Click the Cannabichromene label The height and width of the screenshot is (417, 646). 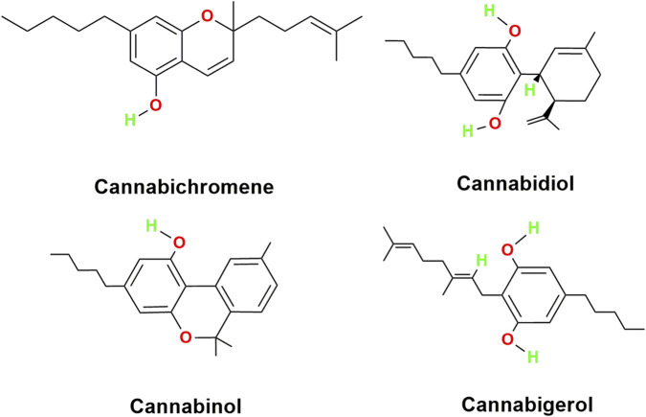pyautogui.click(x=184, y=187)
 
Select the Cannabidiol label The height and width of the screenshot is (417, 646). pyautogui.click(x=515, y=183)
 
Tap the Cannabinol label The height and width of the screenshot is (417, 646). pyautogui.click(x=186, y=405)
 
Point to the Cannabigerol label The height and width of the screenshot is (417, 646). pyautogui.click(x=527, y=405)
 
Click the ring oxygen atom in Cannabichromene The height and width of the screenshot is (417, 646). pyautogui.click(x=206, y=16)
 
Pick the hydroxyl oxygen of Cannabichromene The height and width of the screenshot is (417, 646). pyautogui.click(x=155, y=105)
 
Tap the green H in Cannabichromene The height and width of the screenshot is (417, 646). pyautogui.click(x=130, y=120)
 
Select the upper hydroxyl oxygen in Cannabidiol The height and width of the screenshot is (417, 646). pyautogui.click(x=514, y=31)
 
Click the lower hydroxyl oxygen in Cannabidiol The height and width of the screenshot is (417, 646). pyautogui.click(x=495, y=123)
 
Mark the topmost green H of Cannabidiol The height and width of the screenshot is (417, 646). pyautogui.click(x=489, y=12)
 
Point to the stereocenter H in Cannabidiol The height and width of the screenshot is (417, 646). pyautogui.click(x=529, y=89)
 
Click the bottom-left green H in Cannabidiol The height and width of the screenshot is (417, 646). pyautogui.click(x=468, y=131)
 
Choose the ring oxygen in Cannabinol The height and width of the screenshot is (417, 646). pyautogui.click(x=186, y=337)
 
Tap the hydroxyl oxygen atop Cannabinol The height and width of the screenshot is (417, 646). pyautogui.click(x=178, y=243)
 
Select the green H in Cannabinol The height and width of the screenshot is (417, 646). pyautogui.click(x=151, y=226)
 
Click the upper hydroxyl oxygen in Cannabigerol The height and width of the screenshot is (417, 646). pyautogui.click(x=507, y=250)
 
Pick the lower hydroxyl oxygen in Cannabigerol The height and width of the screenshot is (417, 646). pyautogui.click(x=507, y=339)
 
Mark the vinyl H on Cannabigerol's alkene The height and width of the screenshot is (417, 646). pyautogui.click(x=481, y=260)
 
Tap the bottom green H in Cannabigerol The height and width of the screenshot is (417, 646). pyautogui.click(x=533, y=357)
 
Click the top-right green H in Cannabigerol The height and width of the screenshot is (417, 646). pyautogui.click(x=533, y=228)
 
